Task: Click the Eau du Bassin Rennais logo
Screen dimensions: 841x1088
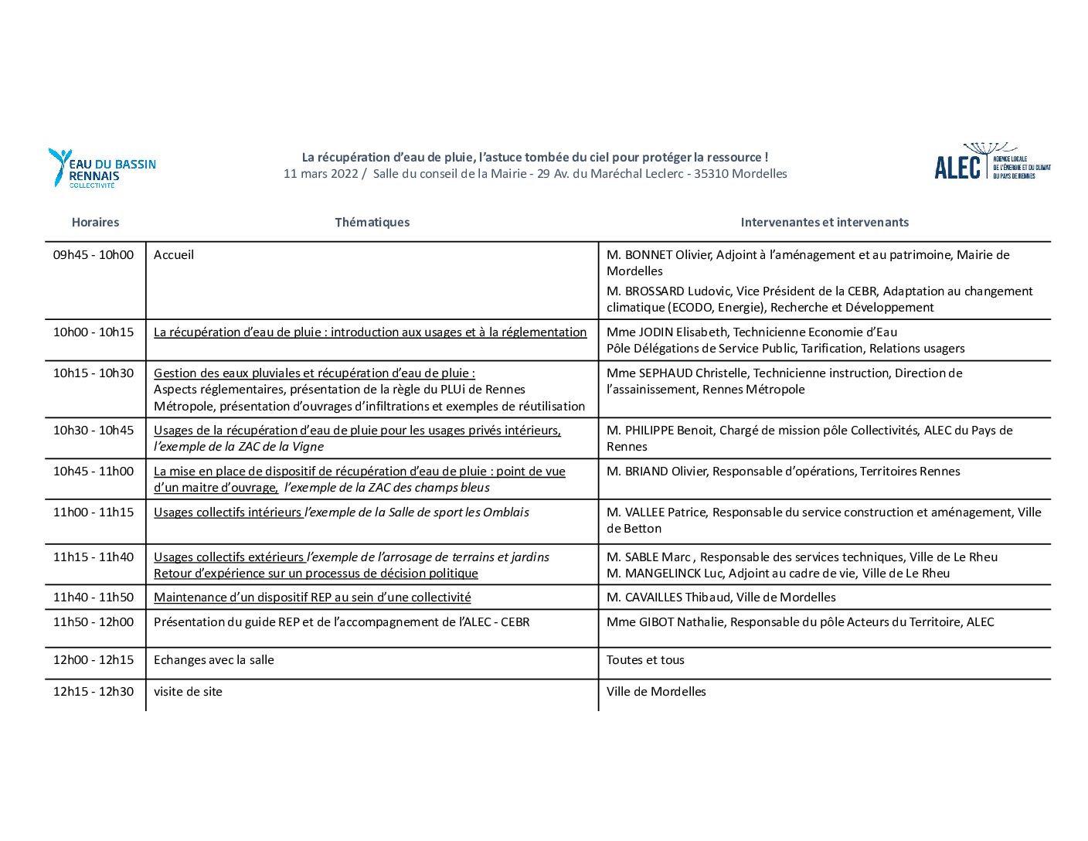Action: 101,169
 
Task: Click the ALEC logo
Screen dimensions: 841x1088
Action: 991,162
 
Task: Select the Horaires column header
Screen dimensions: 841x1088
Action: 95,223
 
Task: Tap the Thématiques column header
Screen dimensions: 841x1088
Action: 372,223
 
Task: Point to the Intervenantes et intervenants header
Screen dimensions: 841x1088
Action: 824,223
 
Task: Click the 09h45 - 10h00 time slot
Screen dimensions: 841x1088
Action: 93,255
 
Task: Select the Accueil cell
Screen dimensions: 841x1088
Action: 174,255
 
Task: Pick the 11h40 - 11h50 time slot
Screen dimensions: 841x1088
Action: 93,598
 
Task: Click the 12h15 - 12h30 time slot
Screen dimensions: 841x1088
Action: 93,692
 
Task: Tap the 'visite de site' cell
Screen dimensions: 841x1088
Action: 188,692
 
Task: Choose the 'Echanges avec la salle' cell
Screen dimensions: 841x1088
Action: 214,660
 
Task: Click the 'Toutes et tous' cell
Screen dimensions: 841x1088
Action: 645,660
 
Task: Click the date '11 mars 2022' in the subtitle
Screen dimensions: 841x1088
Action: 321,174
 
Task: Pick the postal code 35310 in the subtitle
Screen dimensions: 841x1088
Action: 711,174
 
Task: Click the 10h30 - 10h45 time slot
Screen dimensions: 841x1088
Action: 93,431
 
